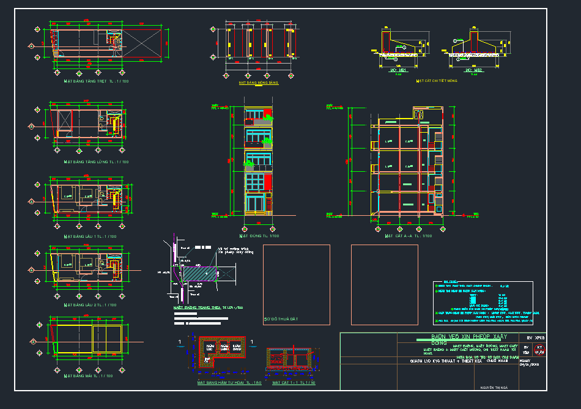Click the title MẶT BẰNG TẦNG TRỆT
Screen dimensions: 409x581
tap(96, 81)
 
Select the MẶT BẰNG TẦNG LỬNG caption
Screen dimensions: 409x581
tap(96, 162)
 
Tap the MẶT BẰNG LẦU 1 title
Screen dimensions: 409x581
tap(90, 236)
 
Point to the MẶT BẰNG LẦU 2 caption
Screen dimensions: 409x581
tap(90, 304)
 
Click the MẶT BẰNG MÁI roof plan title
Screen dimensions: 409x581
tap(88, 376)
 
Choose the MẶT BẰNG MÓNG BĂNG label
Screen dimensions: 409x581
tap(258, 82)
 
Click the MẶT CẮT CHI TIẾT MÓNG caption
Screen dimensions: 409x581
tap(436, 81)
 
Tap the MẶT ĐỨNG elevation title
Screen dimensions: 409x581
tap(259, 235)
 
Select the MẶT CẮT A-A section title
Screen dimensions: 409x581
tap(408, 235)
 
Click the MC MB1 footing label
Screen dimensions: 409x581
tap(398, 70)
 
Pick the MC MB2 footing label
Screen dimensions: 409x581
tap(473, 70)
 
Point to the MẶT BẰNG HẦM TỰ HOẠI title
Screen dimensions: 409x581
tap(220, 383)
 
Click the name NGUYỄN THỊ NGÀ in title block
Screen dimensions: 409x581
tap(495, 386)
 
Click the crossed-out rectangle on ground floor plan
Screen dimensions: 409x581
tap(142, 45)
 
